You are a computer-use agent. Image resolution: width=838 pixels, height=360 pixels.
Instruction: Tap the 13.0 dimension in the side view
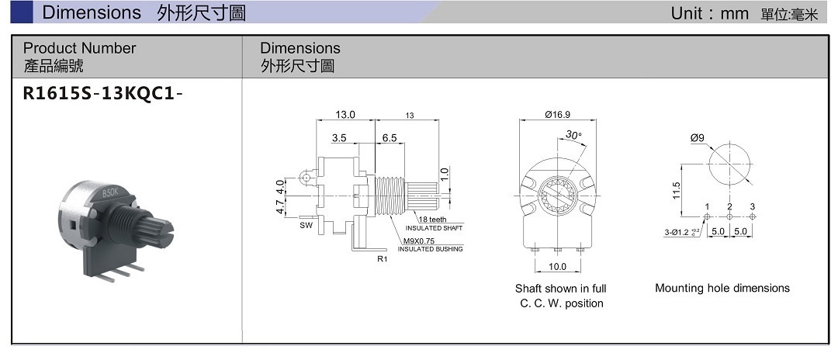point(345,115)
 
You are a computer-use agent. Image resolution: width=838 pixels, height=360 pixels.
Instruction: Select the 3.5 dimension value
point(339,138)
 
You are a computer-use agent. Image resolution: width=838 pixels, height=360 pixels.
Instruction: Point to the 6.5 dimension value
point(389,138)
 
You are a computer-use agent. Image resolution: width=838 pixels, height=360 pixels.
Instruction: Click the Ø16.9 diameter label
point(558,115)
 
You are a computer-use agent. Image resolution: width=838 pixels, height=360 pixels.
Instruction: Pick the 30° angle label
point(573,134)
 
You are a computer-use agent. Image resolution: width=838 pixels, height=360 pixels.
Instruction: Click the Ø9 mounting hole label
point(697,138)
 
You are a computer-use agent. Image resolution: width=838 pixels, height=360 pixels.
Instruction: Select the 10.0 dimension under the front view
point(557,266)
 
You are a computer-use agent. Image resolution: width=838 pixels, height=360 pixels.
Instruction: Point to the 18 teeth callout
point(432,220)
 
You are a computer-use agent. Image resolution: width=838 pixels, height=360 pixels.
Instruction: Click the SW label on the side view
point(305,227)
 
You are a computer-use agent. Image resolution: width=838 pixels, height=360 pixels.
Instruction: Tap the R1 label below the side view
point(381,257)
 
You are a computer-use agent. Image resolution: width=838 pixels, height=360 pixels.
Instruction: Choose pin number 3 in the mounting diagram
point(752,206)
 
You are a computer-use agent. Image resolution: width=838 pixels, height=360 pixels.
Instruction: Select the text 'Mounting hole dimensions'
point(722,288)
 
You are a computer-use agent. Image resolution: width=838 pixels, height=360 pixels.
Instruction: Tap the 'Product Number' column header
point(79,48)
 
